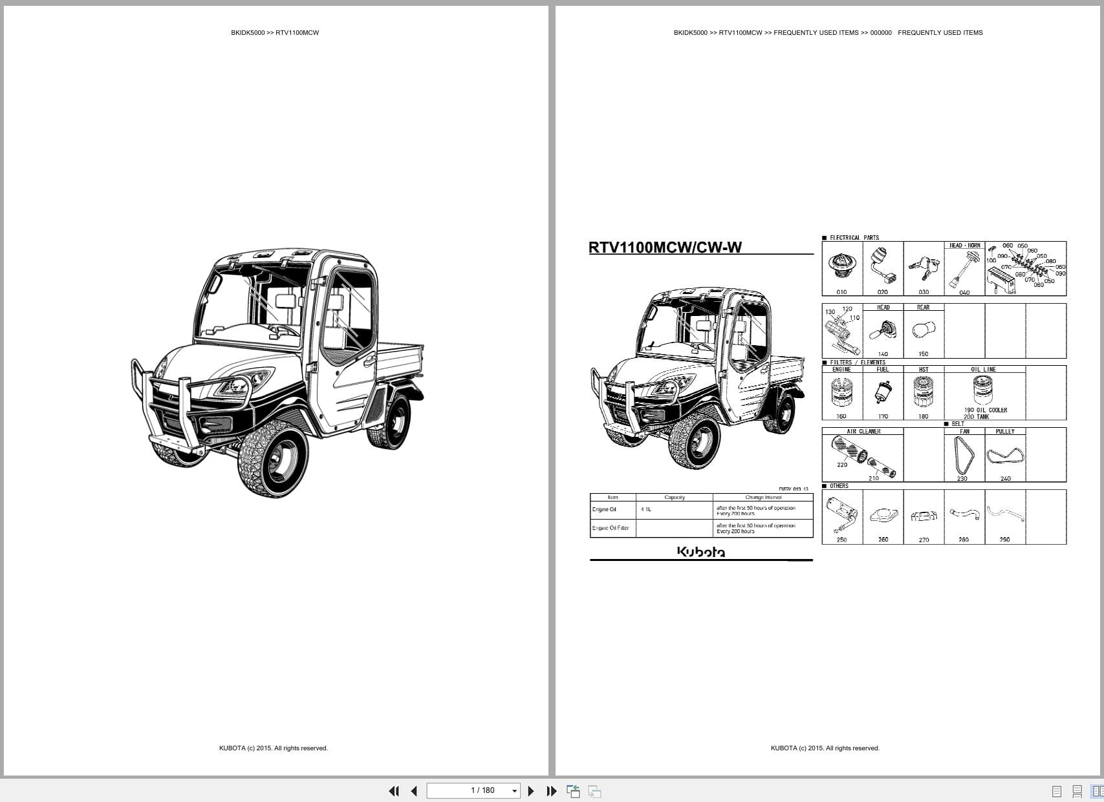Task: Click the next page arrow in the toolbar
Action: pos(531,791)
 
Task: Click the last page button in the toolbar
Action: pos(551,791)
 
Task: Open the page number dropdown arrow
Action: pos(515,791)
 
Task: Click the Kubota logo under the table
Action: pos(701,551)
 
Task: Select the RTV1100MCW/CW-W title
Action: pos(665,248)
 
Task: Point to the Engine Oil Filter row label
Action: pos(611,528)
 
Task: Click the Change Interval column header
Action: pos(763,497)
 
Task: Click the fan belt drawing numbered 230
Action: pos(963,455)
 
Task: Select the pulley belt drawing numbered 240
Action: pos(1005,456)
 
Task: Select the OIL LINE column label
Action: pos(983,370)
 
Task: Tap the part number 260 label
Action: pos(883,540)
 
